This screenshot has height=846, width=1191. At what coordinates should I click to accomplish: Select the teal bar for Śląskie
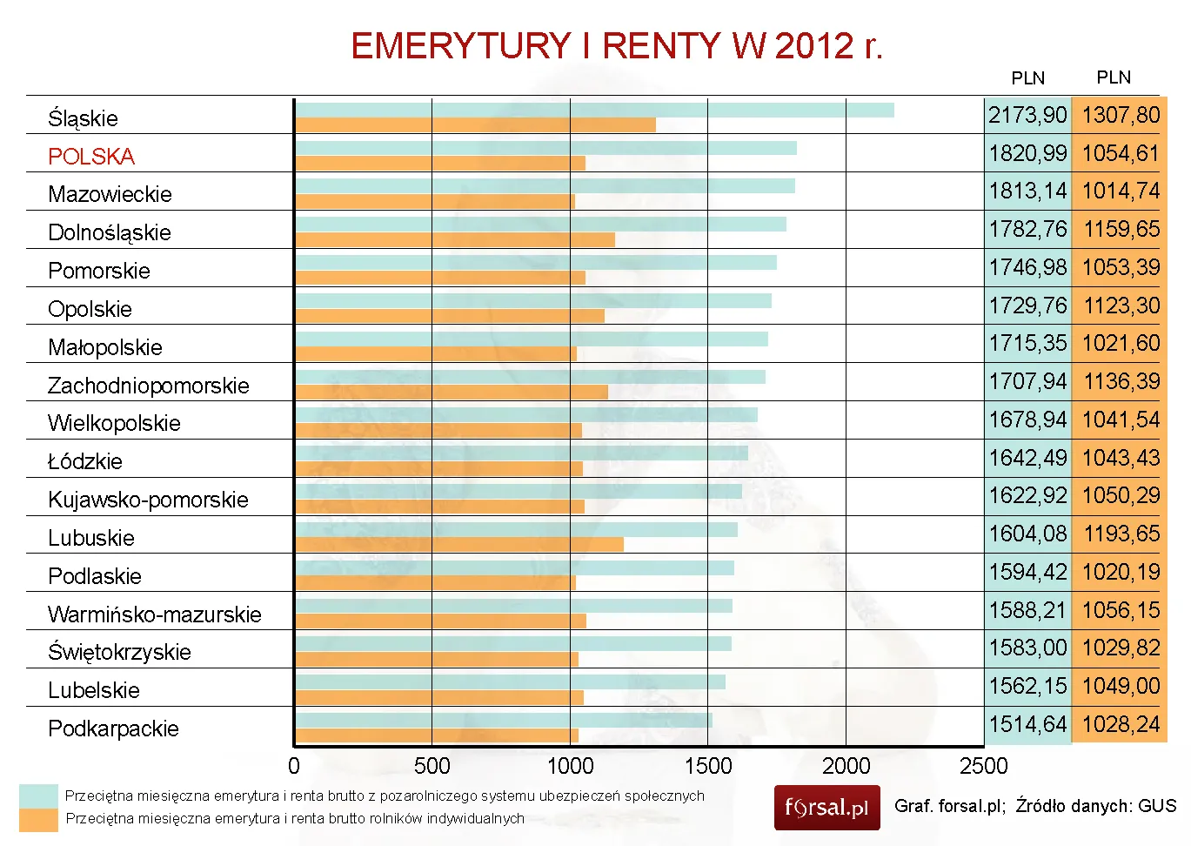click(x=594, y=110)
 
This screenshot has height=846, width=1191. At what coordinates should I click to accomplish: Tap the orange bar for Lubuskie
click(x=459, y=545)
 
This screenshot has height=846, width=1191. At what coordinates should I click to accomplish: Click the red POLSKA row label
click(x=91, y=157)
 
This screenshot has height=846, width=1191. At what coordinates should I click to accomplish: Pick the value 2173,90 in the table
click(x=1027, y=115)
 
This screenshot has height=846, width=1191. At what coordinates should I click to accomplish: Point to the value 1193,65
click(x=1121, y=534)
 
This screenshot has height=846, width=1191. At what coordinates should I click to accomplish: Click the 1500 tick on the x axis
click(x=708, y=766)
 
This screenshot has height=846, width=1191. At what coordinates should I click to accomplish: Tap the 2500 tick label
click(x=983, y=766)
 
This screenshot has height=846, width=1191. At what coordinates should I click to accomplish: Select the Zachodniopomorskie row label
click(x=148, y=386)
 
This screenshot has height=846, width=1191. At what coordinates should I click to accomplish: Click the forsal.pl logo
click(x=826, y=808)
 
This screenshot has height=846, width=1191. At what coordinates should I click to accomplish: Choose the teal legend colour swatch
click(x=38, y=796)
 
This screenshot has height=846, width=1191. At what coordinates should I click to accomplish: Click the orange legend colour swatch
click(x=38, y=819)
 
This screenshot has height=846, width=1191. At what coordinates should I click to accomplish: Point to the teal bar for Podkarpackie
click(x=504, y=720)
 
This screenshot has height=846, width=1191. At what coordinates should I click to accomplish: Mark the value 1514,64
click(x=1027, y=724)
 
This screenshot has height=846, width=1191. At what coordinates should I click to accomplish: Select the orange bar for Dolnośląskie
click(x=455, y=239)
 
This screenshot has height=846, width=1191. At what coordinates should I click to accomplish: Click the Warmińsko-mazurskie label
click(x=154, y=614)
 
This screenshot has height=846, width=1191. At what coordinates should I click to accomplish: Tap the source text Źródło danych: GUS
click(x=1095, y=806)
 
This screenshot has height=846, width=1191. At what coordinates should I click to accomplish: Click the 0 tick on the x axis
click(x=294, y=766)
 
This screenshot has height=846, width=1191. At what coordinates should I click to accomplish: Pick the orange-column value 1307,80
click(x=1121, y=115)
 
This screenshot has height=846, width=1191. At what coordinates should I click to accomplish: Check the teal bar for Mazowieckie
click(x=545, y=185)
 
